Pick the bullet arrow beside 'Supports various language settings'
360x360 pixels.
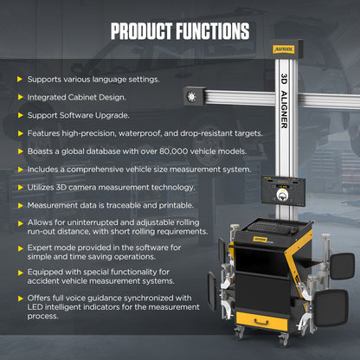pyautogui.click(x=19, y=79)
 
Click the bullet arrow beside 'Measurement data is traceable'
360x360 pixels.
pyautogui.click(x=19, y=204)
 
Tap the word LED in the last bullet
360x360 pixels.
pyautogui.click(x=36, y=306)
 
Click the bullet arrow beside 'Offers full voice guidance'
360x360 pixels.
pyautogui.click(x=19, y=297)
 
